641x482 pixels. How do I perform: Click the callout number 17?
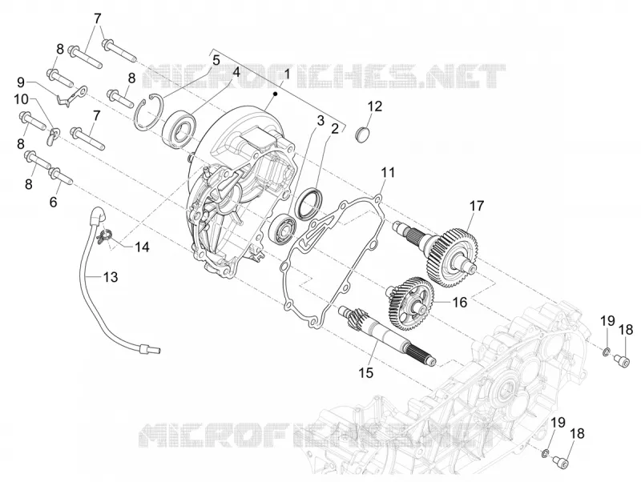[x=477, y=206]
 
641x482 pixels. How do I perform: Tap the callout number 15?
[x=366, y=372]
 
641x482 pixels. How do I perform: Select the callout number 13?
[x=110, y=277]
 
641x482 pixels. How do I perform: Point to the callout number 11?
[x=388, y=172]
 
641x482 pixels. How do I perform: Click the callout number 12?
[x=374, y=106]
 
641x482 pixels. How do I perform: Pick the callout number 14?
[x=143, y=247]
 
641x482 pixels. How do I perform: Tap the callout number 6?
[x=54, y=202]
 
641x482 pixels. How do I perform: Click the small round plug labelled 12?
[x=362, y=135]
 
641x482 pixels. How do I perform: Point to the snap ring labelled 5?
[x=147, y=112]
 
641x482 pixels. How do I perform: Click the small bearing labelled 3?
[x=283, y=227]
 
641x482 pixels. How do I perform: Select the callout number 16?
[x=459, y=303]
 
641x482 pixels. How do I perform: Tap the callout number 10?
[x=22, y=99]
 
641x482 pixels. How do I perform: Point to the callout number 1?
[x=286, y=74]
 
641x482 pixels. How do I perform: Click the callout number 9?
[x=21, y=82]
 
